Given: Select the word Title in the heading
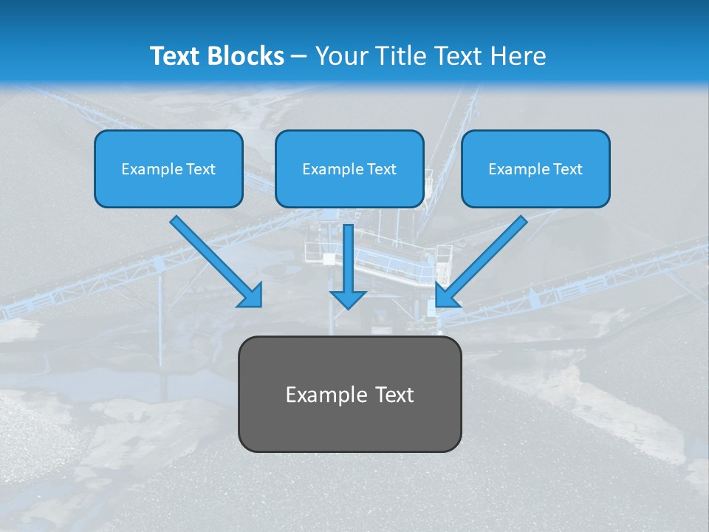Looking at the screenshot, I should (x=399, y=56).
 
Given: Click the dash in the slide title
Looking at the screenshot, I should (x=299, y=57).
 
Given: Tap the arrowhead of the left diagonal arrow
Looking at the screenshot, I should (x=252, y=296).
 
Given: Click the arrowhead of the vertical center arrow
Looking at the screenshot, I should (x=348, y=298).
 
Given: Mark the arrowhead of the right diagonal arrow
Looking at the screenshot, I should (x=445, y=296).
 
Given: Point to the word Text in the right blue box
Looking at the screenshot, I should (x=567, y=169).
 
